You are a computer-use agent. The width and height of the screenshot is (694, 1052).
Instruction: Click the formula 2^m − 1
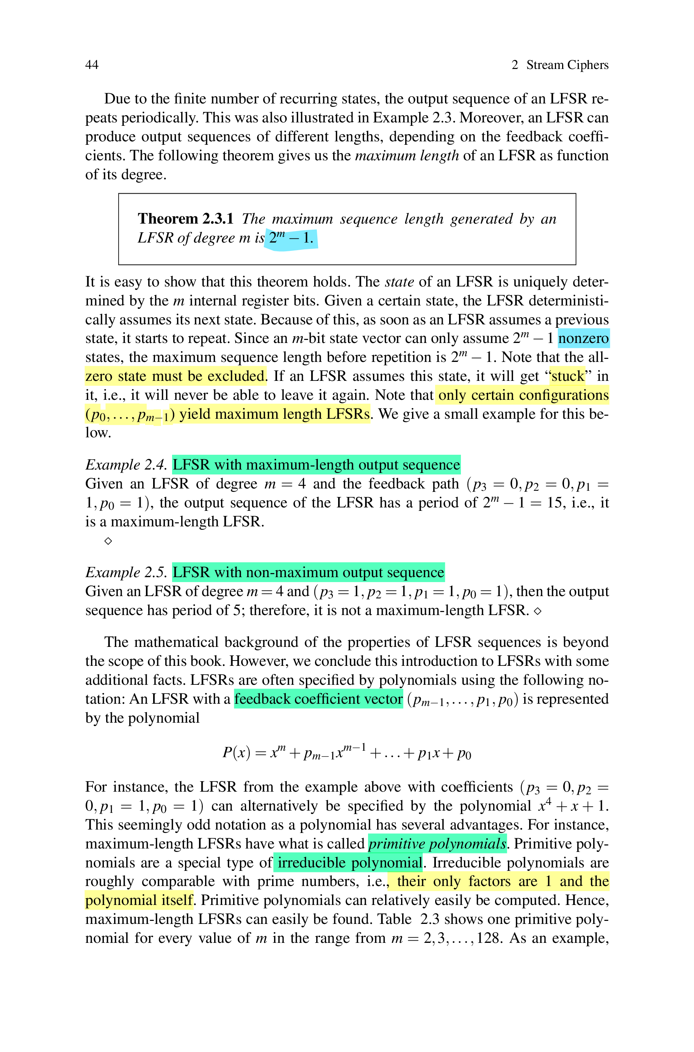(x=291, y=239)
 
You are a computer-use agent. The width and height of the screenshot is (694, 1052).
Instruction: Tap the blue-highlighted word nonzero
(x=583, y=338)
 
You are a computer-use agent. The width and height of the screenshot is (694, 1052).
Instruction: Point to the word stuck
(x=568, y=376)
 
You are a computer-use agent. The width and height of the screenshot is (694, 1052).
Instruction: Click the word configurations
(x=564, y=395)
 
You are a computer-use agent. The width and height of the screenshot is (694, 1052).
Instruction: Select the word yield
(x=194, y=414)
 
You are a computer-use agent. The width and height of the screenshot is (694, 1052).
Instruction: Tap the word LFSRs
(x=348, y=414)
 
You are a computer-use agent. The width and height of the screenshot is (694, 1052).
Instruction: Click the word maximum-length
(x=300, y=465)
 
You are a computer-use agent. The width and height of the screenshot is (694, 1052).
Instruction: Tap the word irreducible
(x=311, y=863)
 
